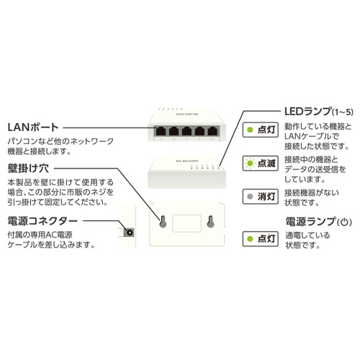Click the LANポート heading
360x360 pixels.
[x=33, y=127]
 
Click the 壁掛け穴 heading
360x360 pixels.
[x=28, y=168]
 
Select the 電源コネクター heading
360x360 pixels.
[x=42, y=221]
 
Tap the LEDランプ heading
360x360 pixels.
[x=319, y=112]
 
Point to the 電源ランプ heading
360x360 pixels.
[x=318, y=221]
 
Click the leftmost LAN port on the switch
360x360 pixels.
[x=161, y=131]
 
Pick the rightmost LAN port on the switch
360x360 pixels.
[x=212, y=131]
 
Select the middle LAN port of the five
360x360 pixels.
[x=186, y=131]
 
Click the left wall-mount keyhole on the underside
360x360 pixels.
[x=163, y=222]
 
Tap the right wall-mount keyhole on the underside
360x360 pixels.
[x=210, y=222]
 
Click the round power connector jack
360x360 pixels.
[x=130, y=233]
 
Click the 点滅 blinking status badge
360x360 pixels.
[x=261, y=163]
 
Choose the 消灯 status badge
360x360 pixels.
[x=261, y=197]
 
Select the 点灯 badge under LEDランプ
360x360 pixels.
[x=261, y=130]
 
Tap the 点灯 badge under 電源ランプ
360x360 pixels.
[x=261, y=239]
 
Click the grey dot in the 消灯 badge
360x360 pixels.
[x=250, y=197]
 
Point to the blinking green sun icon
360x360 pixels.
[x=250, y=163]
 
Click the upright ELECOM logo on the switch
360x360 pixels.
[x=187, y=161]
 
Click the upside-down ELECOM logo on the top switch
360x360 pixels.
[x=186, y=114]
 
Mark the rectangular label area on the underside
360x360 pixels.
[x=186, y=223]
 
